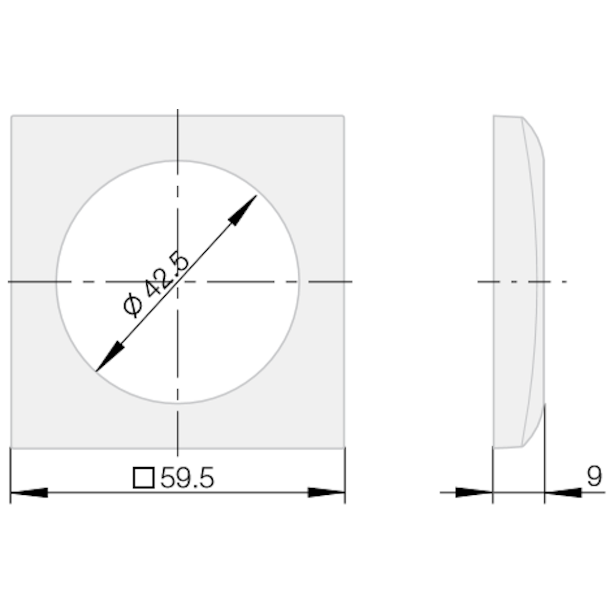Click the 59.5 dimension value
click(187, 478)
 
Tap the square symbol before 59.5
click(144, 478)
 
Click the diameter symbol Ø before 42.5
click(133, 305)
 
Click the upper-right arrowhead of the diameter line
click(243, 210)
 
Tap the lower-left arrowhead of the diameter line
click(110, 356)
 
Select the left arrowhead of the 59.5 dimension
click(29, 492)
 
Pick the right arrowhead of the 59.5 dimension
click(326, 492)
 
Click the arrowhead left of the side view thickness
click(474, 492)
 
